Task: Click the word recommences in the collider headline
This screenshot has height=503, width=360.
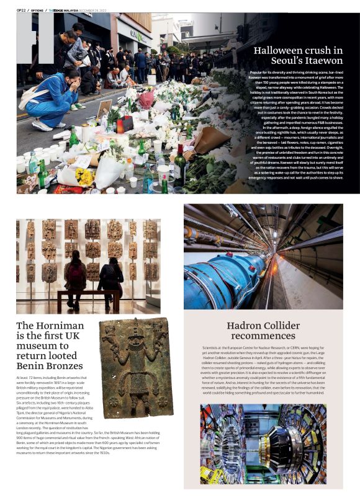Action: [263, 336]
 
